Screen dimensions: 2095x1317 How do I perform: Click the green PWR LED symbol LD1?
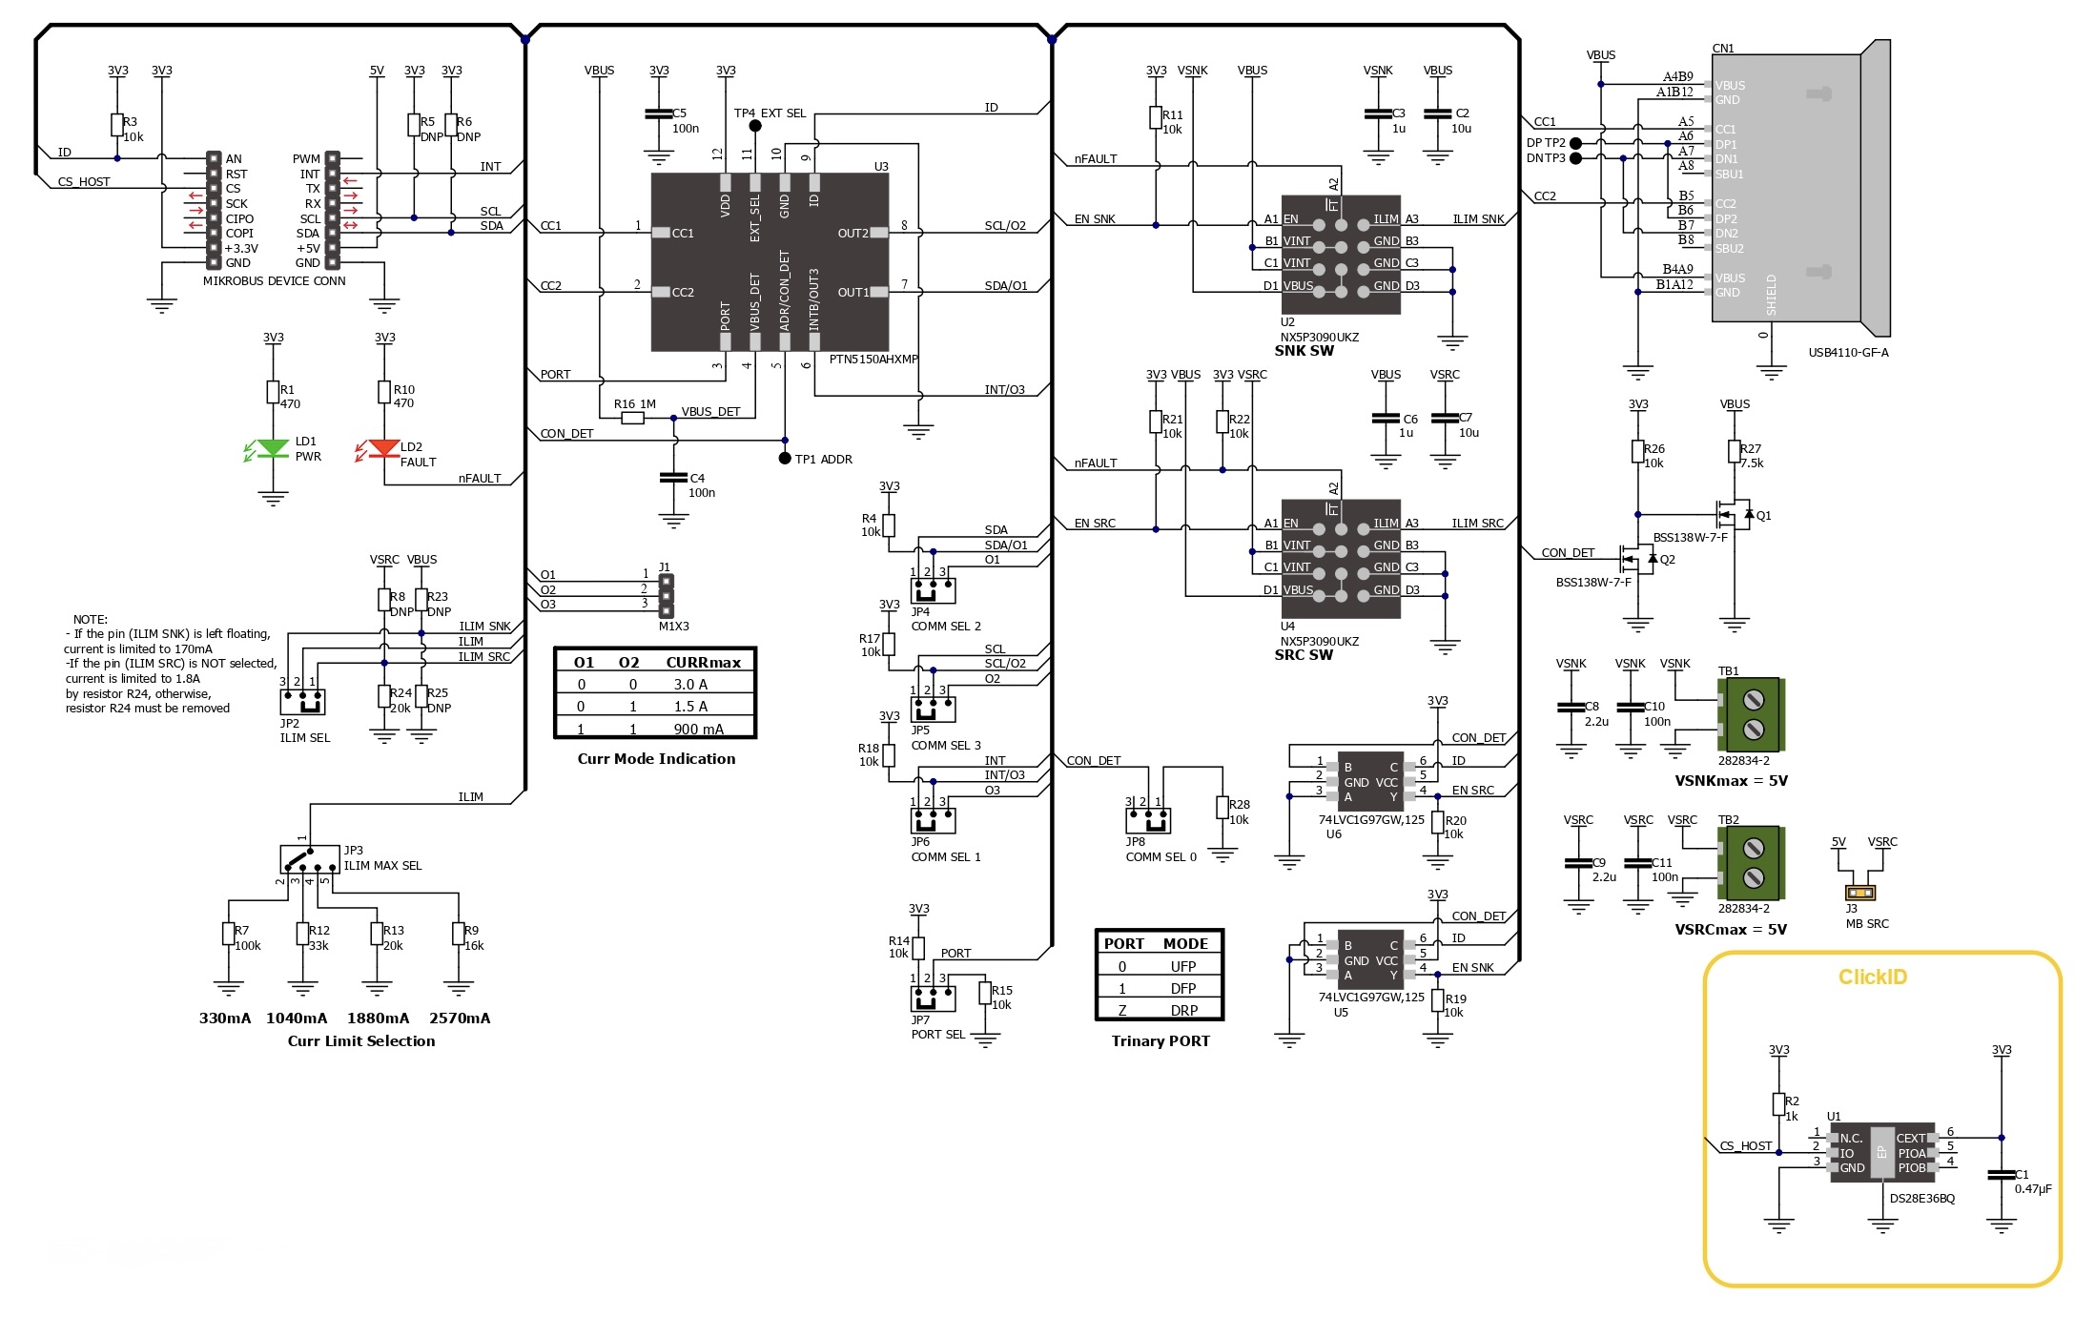pyautogui.click(x=274, y=448)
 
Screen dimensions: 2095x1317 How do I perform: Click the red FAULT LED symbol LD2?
pyautogui.click(x=384, y=448)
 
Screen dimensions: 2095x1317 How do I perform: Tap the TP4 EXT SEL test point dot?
pyautogui.click(x=755, y=126)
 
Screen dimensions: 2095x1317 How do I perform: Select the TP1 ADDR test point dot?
pyautogui.click(x=785, y=459)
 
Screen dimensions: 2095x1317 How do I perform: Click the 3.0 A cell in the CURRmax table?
pyautogui.click(x=690, y=685)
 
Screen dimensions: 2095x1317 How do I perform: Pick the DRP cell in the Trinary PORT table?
pyautogui.click(x=1184, y=1011)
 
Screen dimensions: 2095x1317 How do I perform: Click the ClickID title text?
pyautogui.click(x=1873, y=977)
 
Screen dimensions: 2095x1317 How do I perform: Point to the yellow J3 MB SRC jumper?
pyautogui.click(x=1860, y=894)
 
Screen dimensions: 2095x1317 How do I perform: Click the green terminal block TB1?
pyautogui.click(x=1752, y=715)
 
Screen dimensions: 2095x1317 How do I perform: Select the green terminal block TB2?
pyautogui.click(x=1752, y=863)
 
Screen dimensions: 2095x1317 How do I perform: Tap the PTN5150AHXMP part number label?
pyautogui.click(x=873, y=360)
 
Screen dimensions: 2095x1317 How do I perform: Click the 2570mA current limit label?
pyautogui.click(x=460, y=1019)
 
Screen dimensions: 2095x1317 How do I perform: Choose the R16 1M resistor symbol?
pyautogui.click(x=632, y=418)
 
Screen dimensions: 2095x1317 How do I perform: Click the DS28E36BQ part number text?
pyautogui.click(x=1922, y=1199)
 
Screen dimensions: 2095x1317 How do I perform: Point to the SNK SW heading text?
pyautogui.click(x=1304, y=351)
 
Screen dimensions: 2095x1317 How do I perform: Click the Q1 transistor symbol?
pyautogui.click(x=1734, y=515)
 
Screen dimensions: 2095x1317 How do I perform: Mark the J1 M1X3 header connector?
pyautogui.click(x=667, y=596)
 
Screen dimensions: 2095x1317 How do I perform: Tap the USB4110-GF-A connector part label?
pyautogui.click(x=1848, y=353)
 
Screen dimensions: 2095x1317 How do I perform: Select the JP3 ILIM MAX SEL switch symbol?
pyautogui.click(x=310, y=858)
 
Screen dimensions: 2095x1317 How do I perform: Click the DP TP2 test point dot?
pyautogui.click(x=1575, y=143)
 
